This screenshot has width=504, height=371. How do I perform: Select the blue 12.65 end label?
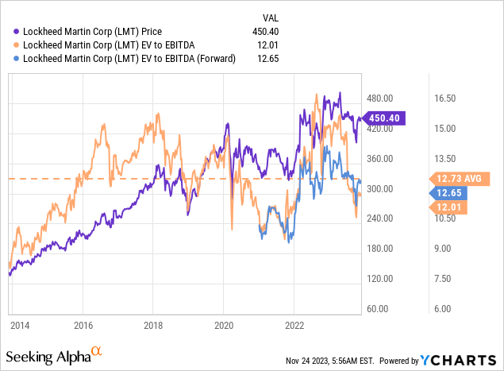(x=447, y=193)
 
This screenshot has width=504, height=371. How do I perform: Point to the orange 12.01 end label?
(x=447, y=207)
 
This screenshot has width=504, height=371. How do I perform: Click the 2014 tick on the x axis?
(x=21, y=325)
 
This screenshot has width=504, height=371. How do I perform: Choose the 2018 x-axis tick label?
(x=152, y=325)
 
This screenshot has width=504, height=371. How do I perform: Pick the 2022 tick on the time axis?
(x=294, y=325)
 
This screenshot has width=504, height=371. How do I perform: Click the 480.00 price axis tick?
(x=380, y=99)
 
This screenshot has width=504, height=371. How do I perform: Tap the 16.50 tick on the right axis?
(x=448, y=99)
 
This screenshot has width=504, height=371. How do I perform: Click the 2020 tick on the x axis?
(x=223, y=325)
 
